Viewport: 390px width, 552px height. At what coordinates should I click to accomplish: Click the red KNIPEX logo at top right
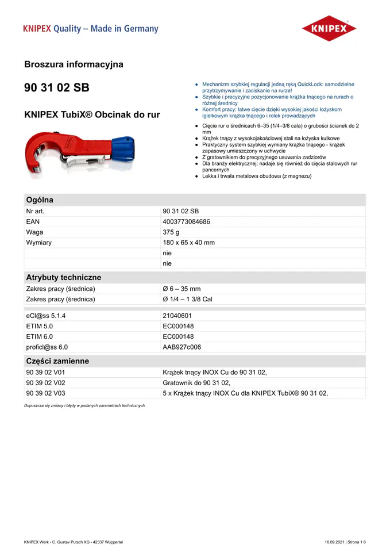pyautogui.click(x=329, y=28)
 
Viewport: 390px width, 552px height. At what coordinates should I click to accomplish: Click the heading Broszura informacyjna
pyautogui.click(x=74, y=64)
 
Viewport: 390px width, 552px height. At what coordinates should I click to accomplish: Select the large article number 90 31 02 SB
pyautogui.click(x=57, y=88)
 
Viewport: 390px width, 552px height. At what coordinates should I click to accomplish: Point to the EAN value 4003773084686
pyautogui.click(x=186, y=221)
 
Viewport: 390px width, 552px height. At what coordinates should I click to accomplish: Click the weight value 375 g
pyautogui.click(x=171, y=232)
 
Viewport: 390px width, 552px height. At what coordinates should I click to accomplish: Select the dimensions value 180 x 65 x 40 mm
pyautogui.click(x=188, y=243)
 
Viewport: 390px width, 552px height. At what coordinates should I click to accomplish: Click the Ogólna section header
pyautogui.click(x=40, y=200)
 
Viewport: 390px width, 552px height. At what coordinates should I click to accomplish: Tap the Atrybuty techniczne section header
pyautogui.click(x=63, y=277)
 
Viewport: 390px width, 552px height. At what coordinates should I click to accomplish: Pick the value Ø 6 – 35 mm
pyautogui.click(x=182, y=289)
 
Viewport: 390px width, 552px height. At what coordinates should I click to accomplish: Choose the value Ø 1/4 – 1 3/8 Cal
pyautogui.click(x=187, y=299)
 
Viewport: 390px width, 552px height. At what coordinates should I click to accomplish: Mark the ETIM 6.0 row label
pyautogui.click(x=39, y=336)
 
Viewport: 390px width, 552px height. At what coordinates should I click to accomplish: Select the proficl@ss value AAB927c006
pyautogui.click(x=182, y=347)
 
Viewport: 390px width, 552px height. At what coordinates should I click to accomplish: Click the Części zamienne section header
pyautogui.click(x=57, y=361)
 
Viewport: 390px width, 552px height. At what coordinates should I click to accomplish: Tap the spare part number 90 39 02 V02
pyautogui.click(x=45, y=383)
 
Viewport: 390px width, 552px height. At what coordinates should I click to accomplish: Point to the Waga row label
pyautogui.click(x=34, y=232)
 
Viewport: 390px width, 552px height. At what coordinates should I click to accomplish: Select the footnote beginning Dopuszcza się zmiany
pyautogui.click(x=84, y=405)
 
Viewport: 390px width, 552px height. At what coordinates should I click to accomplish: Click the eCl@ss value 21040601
pyautogui.click(x=177, y=316)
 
